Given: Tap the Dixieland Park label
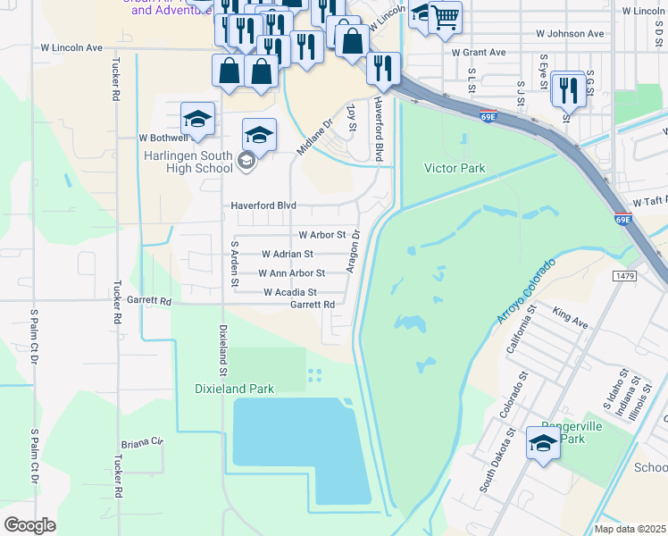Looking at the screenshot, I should click(235, 389).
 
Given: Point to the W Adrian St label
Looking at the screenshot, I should click(287, 254).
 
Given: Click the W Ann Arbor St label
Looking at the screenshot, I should click(291, 273).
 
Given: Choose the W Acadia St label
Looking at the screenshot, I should click(290, 292).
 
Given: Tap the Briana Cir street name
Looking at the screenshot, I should click(143, 442).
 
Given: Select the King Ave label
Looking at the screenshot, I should click(571, 318).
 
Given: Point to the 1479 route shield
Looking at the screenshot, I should click(625, 277).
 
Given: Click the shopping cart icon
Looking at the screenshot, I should click(445, 16).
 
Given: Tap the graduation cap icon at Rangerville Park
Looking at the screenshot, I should click(543, 442).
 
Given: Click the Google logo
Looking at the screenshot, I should click(29, 524).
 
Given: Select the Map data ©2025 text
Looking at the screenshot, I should click(630, 529).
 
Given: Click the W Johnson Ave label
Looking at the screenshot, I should click(570, 34).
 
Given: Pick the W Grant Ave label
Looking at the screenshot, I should click(479, 53).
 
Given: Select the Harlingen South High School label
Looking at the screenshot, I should click(189, 161).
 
